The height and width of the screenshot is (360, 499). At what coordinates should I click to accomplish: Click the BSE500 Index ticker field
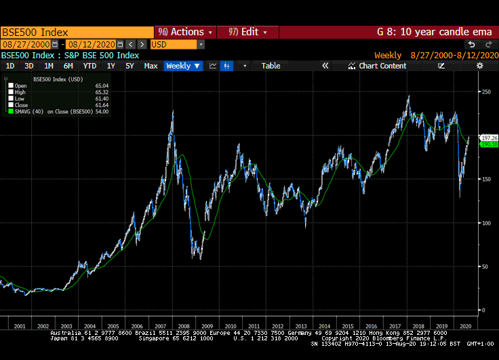77,32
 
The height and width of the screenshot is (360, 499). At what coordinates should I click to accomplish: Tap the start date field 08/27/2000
25,44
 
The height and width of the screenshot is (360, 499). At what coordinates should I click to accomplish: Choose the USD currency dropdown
176,44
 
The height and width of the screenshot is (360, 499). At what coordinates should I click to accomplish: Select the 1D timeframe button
10,66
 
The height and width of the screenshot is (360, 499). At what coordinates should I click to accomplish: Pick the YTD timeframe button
89,66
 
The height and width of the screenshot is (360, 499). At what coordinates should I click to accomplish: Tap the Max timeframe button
151,66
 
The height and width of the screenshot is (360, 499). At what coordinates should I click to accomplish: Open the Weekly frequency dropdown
184,66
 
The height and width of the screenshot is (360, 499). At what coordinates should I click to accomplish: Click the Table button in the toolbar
271,66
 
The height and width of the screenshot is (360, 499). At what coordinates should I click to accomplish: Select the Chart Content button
378,66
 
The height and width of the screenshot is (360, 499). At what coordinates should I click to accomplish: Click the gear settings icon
479,66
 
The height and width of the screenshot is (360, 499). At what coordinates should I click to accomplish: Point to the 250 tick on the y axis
485,92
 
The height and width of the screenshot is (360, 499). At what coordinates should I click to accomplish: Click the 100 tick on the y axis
485,223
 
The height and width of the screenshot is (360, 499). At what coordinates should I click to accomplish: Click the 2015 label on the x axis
348,326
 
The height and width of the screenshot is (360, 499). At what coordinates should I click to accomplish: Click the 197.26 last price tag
488,138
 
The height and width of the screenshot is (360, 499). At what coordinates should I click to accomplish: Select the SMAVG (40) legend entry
47,111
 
